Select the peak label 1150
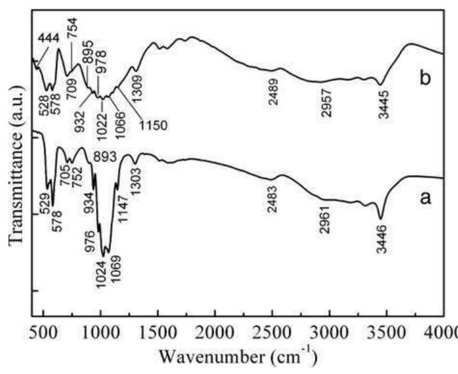[153, 125]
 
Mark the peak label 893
[106, 156]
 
